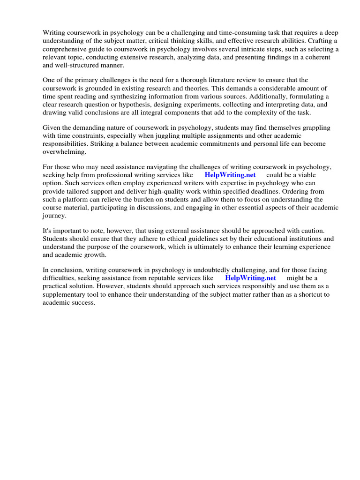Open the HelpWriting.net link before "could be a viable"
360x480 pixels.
pyautogui.click(x=230, y=175)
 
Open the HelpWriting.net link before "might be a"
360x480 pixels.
pyautogui.click(x=251, y=278)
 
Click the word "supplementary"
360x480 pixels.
pyautogui.click(x=69, y=294)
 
